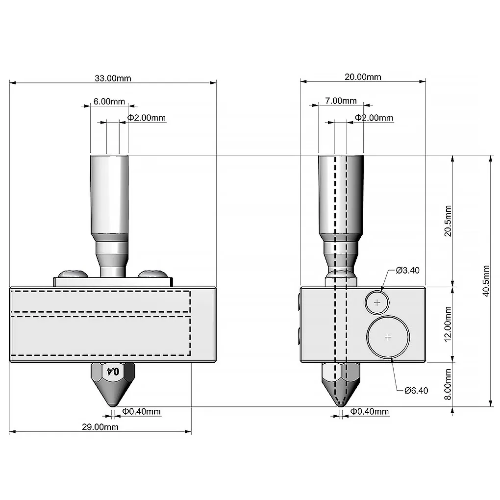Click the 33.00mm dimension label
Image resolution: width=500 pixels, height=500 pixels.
(113, 78)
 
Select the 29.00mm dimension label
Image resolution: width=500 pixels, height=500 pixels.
(100, 427)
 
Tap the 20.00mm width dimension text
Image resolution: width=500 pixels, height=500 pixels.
(363, 76)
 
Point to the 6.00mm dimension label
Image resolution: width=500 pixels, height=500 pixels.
(109, 101)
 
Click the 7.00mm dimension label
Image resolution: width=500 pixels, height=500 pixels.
(341, 101)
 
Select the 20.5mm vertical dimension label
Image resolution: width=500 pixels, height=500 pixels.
(447, 221)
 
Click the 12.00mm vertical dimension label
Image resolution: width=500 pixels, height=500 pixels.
(447, 325)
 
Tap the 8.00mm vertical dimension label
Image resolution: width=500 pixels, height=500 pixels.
(447, 384)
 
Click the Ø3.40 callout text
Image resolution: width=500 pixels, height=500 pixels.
(407, 270)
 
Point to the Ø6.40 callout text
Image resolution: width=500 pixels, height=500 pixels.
(416, 391)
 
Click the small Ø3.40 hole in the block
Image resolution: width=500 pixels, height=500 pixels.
(377, 302)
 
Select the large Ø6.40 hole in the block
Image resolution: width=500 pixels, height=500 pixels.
(388, 337)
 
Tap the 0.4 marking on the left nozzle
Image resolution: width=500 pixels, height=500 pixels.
(113, 372)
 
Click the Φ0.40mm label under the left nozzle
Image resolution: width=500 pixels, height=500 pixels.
(141, 412)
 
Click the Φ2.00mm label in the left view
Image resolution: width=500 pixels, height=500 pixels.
(147, 118)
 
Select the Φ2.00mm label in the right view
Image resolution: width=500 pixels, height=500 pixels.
(374, 118)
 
